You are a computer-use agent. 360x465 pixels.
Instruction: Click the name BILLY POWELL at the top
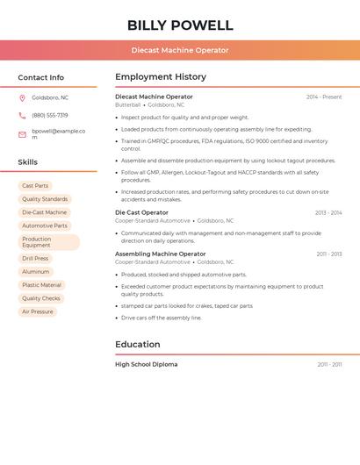click(x=180, y=25)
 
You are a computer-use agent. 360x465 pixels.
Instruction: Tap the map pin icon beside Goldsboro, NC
click(x=22, y=97)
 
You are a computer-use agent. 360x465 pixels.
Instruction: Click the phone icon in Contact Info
click(x=22, y=115)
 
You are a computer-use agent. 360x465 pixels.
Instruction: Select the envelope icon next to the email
click(x=22, y=134)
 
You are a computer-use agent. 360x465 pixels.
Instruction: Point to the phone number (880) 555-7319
click(x=50, y=115)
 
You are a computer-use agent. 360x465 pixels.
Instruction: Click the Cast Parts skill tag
click(x=35, y=186)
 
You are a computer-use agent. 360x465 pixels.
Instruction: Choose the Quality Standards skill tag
click(x=45, y=199)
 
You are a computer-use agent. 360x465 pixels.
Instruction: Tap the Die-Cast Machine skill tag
click(x=44, y=212)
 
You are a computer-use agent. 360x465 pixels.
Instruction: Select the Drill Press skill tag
click(x=35, y=259)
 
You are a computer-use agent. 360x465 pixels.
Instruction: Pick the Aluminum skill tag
click(x=36, y=272)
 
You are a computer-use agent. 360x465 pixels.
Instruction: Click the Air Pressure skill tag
click(x=38, y=311)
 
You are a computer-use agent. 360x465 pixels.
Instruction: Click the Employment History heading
click(x=161, y=76)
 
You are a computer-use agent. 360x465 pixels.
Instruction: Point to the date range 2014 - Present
click(x=324, y=97)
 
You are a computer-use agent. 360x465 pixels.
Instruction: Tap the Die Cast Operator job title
click(x=141, y=212)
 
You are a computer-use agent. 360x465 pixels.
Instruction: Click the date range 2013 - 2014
click(x=328, y=212)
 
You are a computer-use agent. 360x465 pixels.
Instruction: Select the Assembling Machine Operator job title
click(x=160, y=254)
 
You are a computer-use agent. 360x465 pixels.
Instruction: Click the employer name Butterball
click(x=127, y=104)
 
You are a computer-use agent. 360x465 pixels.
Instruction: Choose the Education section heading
click(x=138, y=344)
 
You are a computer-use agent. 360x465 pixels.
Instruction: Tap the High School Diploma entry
click(x=146, y=364)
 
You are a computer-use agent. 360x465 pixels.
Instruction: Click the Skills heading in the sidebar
click(x=28, y=162)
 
